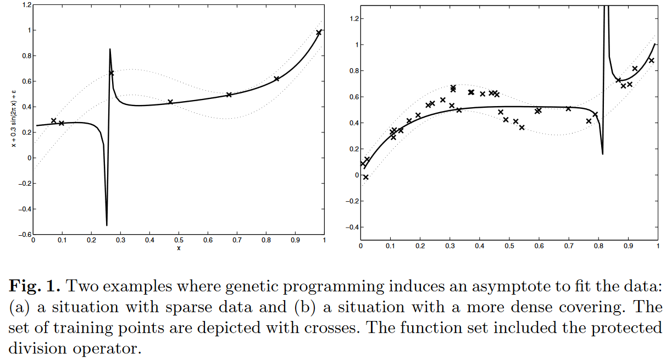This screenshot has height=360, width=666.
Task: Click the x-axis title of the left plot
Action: [179, 248]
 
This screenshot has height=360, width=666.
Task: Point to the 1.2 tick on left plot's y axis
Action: [25, 5]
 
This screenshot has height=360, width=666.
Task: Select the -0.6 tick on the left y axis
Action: [24, 235]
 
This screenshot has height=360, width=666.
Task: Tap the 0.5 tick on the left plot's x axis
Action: [179, 240]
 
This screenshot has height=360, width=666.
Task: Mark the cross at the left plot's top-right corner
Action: [319, 33]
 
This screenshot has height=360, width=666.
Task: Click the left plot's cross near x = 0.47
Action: [170, 102]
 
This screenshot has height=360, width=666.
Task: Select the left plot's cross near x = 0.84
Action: [276, 79]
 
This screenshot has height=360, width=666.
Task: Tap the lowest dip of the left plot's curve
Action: [107, 224]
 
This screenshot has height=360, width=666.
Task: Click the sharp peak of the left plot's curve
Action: [110, 49]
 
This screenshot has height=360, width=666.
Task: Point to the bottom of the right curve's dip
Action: [602, 153]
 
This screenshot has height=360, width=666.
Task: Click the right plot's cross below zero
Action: [366, 177]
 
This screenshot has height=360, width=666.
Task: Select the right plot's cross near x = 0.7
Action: [568, 109]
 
